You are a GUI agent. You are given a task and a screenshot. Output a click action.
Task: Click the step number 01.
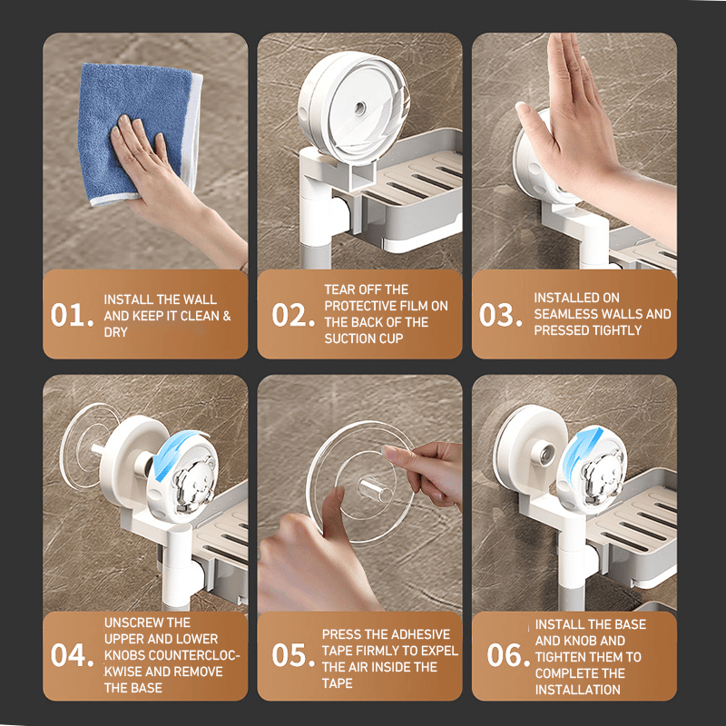pyautogui.click(x=73, y=315)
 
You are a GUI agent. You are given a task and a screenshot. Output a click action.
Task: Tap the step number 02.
pyautogui.click(x=293, y=315)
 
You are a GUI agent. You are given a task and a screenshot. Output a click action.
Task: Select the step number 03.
pyautogui.click(x=501, y=315)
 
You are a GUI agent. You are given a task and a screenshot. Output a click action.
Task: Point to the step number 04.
pyautogui.click(x=73, y=655)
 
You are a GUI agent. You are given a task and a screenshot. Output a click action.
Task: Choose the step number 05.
pyautogui.click(x=293, y=655)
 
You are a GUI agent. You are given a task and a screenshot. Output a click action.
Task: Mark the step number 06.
pyautogui.click(x=508, y=655)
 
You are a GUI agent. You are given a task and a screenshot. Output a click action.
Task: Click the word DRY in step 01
pyautogui.click(x=116, y=332)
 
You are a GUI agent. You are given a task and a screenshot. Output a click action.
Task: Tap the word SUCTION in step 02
pyautogui.click(x=350, y=338)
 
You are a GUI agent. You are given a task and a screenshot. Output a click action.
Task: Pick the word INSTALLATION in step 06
pyautogui.click(x=577, y=690)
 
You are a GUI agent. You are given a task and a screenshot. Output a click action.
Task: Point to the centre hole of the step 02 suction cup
pyautogui.click(x=359, y=109)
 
